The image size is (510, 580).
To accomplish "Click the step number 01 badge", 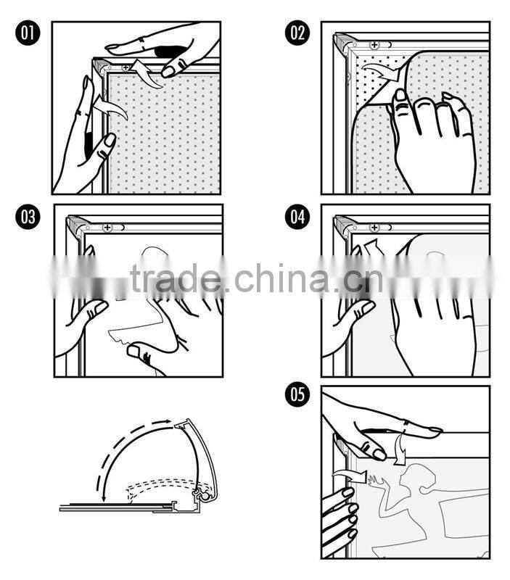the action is [28, 33].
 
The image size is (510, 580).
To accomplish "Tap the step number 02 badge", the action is [297, 33].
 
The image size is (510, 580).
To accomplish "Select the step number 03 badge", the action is [28, 217].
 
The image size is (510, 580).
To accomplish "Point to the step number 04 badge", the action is [297, 217].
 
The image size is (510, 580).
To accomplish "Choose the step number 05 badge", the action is [297, 394].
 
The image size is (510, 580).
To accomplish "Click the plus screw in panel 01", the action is [126, 67].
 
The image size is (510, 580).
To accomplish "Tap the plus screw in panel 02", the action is [374, 45].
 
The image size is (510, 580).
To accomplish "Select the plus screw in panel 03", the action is [107, 228].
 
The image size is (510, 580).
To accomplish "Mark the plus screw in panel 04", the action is [374, 228].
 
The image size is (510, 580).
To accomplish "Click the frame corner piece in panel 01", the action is [100, 66].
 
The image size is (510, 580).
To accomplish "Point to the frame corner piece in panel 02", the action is [343, 43].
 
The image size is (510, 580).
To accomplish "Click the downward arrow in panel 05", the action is [399, 449].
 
